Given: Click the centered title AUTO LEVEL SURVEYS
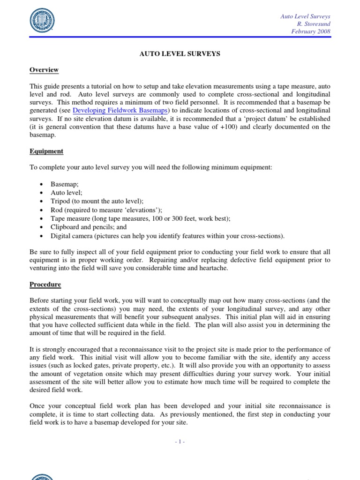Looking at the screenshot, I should tap(180, 54).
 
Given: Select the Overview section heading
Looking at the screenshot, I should tap(44, 70).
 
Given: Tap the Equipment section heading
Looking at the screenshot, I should tap(46, 151).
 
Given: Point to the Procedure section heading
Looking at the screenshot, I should tap(45, 284).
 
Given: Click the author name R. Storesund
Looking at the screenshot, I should tap(314, 24).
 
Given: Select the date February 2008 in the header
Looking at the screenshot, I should tap(311, 31).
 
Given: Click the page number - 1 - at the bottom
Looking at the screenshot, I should tap(180, 441).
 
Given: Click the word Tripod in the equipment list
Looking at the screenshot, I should tap(60, 202).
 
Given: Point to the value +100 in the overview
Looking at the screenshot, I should tap(224, 127).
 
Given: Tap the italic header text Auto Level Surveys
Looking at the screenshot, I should tap(305, 16).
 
